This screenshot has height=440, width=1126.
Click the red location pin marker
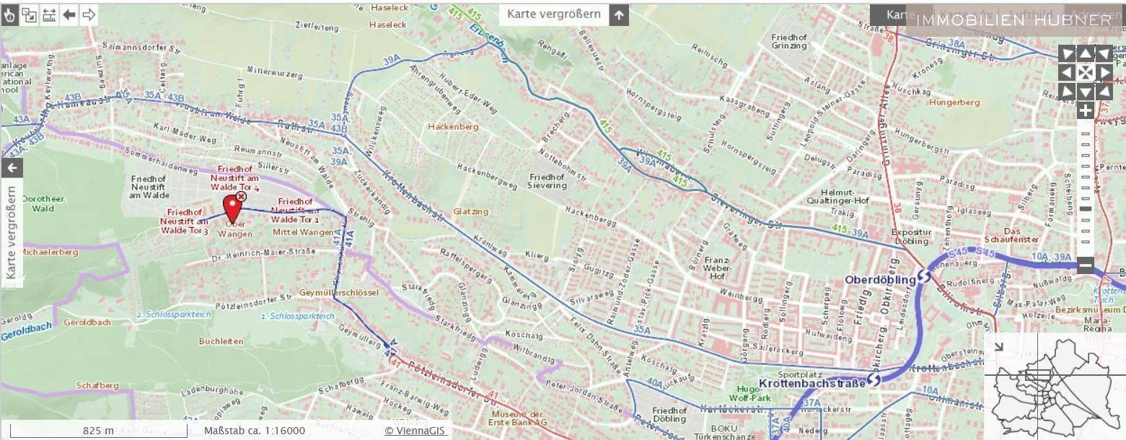click(x=232, y=208)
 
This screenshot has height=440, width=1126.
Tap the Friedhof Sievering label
click(x=547, y=181)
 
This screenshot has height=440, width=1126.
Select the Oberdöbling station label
click(x=879, y=279)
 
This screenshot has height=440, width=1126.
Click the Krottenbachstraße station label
click(x=811, y=383)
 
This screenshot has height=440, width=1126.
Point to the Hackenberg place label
click(x=453, y=127)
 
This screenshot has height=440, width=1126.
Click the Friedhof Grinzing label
click(x=788, y=41)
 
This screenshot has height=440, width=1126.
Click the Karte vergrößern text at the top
click(x=553, y=14)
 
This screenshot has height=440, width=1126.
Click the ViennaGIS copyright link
click(x=415, y=431)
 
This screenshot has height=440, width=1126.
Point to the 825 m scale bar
click(x=98, y=431)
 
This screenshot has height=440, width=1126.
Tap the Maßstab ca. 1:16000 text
click(x=254, y=431)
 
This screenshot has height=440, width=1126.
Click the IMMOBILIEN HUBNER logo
click(x=1013, y=19)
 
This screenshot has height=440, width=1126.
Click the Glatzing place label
click(x=471, y=211)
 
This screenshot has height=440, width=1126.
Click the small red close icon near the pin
click(x=241, y=196)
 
